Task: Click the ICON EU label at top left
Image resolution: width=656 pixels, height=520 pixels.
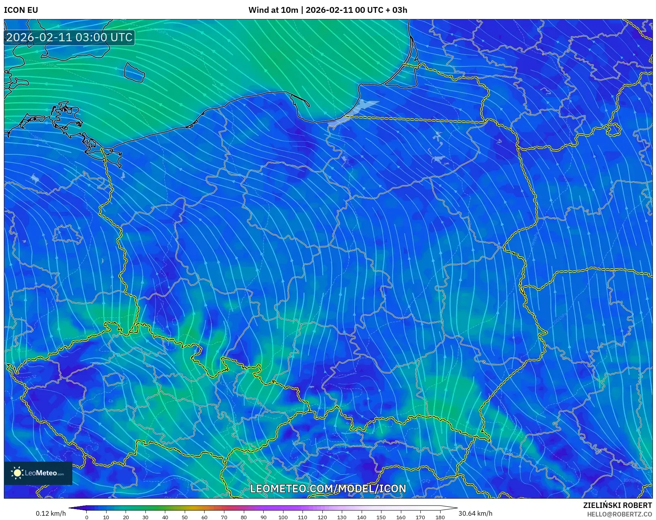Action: tap(21, 10)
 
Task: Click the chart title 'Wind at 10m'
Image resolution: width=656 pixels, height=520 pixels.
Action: tap(273, 10)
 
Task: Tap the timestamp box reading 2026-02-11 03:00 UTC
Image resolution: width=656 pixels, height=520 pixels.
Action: tap(69, 37)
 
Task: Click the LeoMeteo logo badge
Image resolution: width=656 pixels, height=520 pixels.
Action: tap(38, 473)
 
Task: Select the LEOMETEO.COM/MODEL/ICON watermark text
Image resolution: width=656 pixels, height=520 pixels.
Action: tap(328, 488)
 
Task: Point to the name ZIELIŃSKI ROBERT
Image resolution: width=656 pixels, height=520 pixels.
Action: tap(617, 505)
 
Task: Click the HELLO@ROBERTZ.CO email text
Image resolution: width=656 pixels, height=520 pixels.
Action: tap(619, 514)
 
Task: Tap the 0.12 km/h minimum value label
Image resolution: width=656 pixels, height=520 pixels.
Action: tap(51, 513)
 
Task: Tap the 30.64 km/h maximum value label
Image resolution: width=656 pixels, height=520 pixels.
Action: tap(475, 513)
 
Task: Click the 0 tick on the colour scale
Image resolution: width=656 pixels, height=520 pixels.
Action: tap(87, 517)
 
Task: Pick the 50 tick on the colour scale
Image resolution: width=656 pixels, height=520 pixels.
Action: tap(185, 517)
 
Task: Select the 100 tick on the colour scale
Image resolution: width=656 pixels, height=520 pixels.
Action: tap(283, 517)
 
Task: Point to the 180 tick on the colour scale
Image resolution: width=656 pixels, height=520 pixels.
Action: tap(440, 517)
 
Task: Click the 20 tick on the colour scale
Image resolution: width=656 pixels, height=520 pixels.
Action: tap(126, 517)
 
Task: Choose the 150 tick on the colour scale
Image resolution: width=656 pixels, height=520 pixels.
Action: tap(381, 517)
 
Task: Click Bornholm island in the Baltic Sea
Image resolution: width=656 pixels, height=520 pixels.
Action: tap(134, 72)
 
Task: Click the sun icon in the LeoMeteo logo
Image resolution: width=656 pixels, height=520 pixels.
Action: tap(17, 473)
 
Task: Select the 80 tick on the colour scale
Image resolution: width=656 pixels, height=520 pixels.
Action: tap(243, 517)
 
